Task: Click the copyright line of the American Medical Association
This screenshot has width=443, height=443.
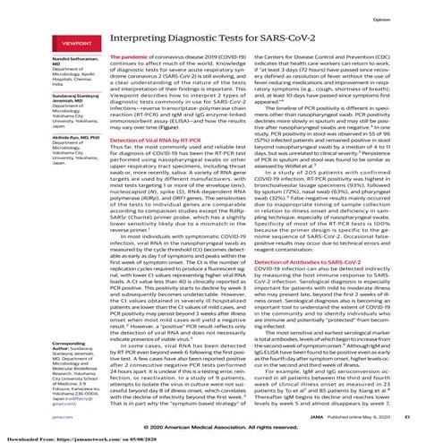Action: click(221, 404)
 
